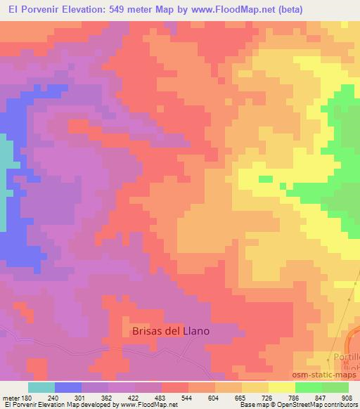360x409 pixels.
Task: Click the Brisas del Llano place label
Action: coord(172,330)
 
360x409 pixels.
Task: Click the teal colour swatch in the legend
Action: coord(41,387)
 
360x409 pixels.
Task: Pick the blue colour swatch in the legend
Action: coord(68,387)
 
